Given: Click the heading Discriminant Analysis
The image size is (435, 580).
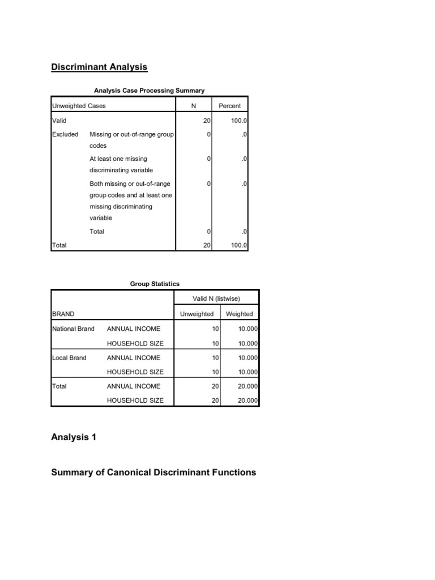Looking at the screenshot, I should pos(99,67).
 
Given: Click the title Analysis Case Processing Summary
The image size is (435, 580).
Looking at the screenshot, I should pos(149,90).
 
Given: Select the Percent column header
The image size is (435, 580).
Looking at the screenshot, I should pos(229,106).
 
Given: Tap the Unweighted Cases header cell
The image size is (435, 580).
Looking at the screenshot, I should pos(79,106).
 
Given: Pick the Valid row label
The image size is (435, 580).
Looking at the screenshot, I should pos(59,121).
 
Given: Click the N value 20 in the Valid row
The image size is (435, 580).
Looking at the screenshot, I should pos(207,121).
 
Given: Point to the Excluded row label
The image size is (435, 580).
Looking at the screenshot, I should pos(65,135).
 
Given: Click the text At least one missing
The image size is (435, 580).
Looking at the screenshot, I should pos(118,159).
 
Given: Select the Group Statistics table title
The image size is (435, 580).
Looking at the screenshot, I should pos(155,284).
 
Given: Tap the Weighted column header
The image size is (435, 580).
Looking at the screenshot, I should pos(239,314).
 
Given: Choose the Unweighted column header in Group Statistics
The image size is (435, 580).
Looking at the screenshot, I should pos(197,314).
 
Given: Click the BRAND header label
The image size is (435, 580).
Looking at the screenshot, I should pos(63,314).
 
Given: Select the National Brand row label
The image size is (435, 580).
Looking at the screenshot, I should pos(73,329).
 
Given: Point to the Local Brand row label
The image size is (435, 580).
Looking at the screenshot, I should pos(69,357).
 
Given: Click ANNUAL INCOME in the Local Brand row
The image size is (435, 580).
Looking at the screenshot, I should pos(133,357).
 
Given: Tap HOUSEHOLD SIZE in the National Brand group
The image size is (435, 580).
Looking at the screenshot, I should pos(135,343).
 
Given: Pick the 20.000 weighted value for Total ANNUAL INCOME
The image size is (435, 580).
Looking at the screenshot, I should pos(248,386).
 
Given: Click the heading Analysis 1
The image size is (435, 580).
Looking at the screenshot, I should pos(74,437).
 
